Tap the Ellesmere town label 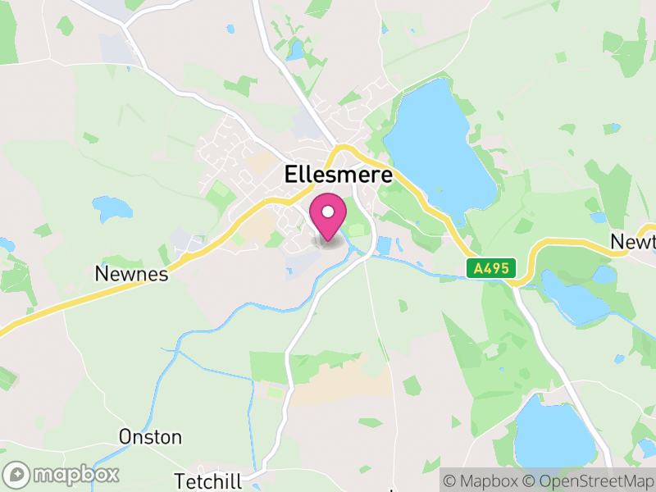(338, 175)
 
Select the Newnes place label (131, 274)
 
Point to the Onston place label (150, 436)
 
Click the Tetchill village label (209, 480)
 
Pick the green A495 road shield (491, 268)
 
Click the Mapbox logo (61, 474)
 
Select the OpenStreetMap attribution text (588, 480)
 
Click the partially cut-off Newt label (632, 242)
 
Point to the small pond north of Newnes (112, 208)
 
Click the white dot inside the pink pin (328, 212)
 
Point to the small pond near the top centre (295, 51)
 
